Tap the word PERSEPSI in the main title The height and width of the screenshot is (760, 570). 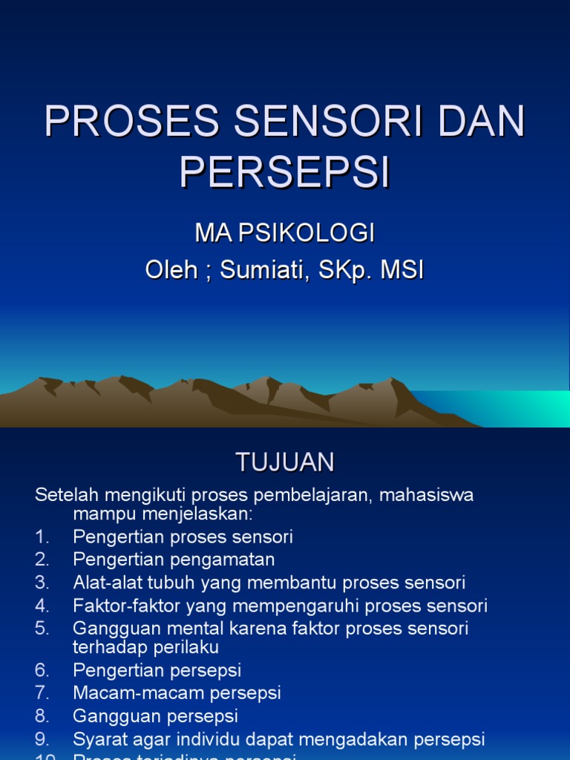point(284,172)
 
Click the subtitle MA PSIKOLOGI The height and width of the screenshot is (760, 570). point(284,233)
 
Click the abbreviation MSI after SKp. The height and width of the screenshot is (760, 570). point(402,270)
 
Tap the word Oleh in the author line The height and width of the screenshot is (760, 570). point(171,270)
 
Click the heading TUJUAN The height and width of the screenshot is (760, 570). point(285,462)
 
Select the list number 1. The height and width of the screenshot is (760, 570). point(41,537)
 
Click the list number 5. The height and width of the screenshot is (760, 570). point(42,629)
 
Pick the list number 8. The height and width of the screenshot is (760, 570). point(42,716)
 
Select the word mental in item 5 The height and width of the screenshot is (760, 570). point(183,629)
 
